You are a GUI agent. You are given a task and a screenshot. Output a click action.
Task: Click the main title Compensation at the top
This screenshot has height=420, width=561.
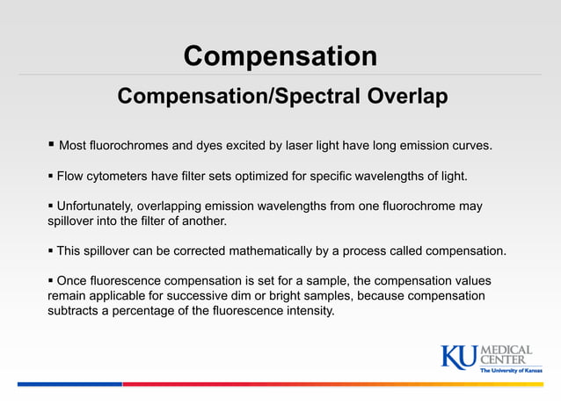tap(280, 56)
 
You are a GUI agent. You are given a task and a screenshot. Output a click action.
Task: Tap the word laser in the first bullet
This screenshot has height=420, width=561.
tap(326, 145)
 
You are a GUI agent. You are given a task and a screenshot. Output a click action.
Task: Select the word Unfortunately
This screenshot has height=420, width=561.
tap(97, 207)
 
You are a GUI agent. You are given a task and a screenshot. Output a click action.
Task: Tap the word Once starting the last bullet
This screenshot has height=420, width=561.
tap(74, 281)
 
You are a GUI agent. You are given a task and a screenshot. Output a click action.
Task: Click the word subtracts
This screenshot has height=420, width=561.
tap(76, 311)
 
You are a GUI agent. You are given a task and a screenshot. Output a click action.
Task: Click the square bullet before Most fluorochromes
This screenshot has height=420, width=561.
tap(51, 143)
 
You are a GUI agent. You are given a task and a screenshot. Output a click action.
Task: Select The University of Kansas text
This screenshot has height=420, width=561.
tap(510, 371)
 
